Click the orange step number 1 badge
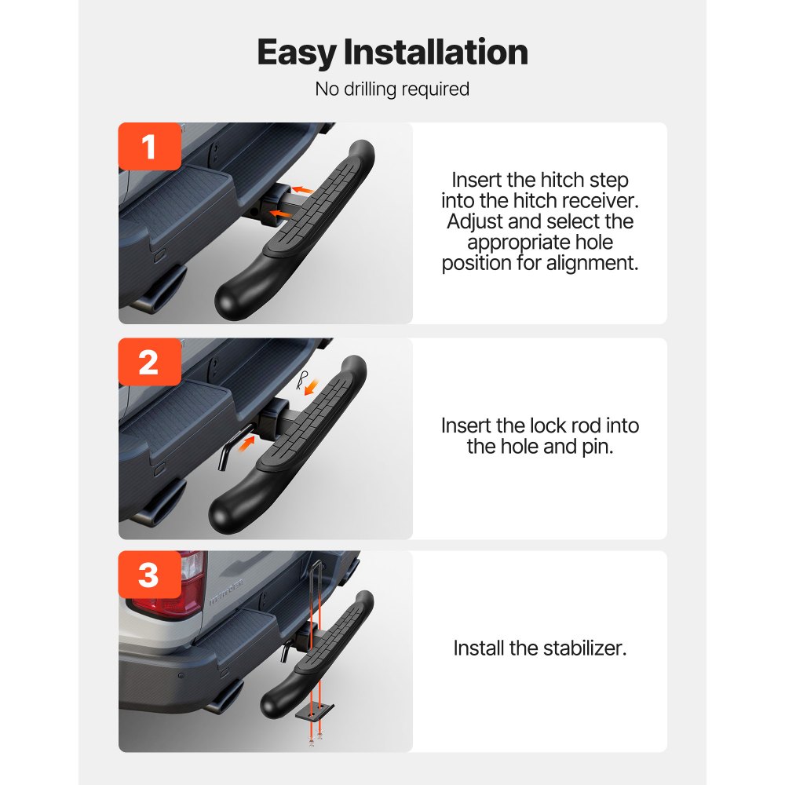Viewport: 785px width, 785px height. point(149,147)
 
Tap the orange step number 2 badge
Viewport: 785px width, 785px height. point(149,363)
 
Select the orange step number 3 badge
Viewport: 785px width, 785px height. point(149,575)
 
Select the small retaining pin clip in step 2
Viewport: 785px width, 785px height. point(303,380)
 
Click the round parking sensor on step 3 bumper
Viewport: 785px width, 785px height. point(181,675)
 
